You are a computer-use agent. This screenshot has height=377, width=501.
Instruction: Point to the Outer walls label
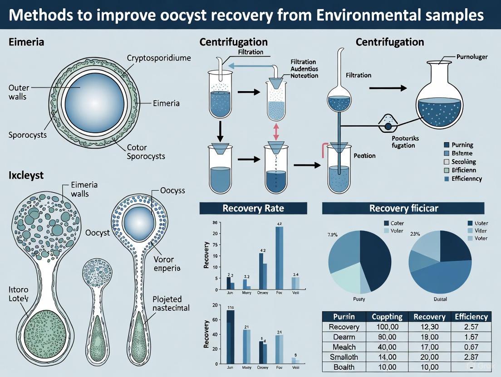pos(18,92)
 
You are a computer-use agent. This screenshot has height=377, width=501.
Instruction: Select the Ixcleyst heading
pos(26,175)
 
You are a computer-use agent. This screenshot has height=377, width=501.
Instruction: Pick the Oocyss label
pos(173,191)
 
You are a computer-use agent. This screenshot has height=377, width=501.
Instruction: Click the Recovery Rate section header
pos(253,208)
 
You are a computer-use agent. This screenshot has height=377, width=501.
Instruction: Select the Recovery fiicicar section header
pos(403,208)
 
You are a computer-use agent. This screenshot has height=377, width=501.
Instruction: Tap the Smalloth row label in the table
pos(344,357)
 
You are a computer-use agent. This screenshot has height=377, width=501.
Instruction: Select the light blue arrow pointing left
pos(250,66)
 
